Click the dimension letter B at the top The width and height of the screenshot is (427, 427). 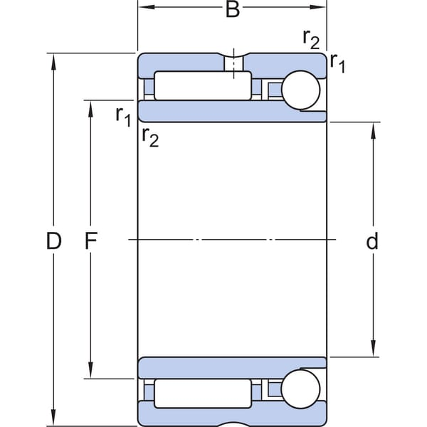(x=233, y=9)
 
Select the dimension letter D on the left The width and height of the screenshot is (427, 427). (x=53, y=241)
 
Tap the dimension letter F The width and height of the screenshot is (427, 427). (x=91, y=241)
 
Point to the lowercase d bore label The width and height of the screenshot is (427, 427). (x=372, y=241)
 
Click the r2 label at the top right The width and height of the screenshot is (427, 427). (x=311, y=39)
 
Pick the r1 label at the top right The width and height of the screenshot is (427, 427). (x=337, y=63)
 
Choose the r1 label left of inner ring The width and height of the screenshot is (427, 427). (x=123, y=117)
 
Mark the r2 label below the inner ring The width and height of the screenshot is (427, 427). (x=150, y=137)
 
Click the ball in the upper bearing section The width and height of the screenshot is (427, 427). (x=300, y=90)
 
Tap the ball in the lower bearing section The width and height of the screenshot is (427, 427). (x=300, y=389)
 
